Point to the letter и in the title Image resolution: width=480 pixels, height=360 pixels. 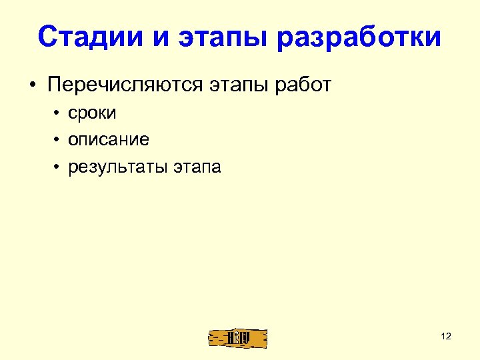click(x=158, y=38)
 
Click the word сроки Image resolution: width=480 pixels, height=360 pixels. click(x=92, y=113)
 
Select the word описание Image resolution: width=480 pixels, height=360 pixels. click(x=108, y=140)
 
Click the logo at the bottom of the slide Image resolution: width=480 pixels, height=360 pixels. click(x=237, y=337)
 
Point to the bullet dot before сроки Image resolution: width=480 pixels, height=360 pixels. click(x=58, y=114)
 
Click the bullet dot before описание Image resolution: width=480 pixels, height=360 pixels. click(x=58, y=141)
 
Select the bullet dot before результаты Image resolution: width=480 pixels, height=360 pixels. click(x=58, y=167)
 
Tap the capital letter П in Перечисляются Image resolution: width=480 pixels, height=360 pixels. click(x=54, y=86)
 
